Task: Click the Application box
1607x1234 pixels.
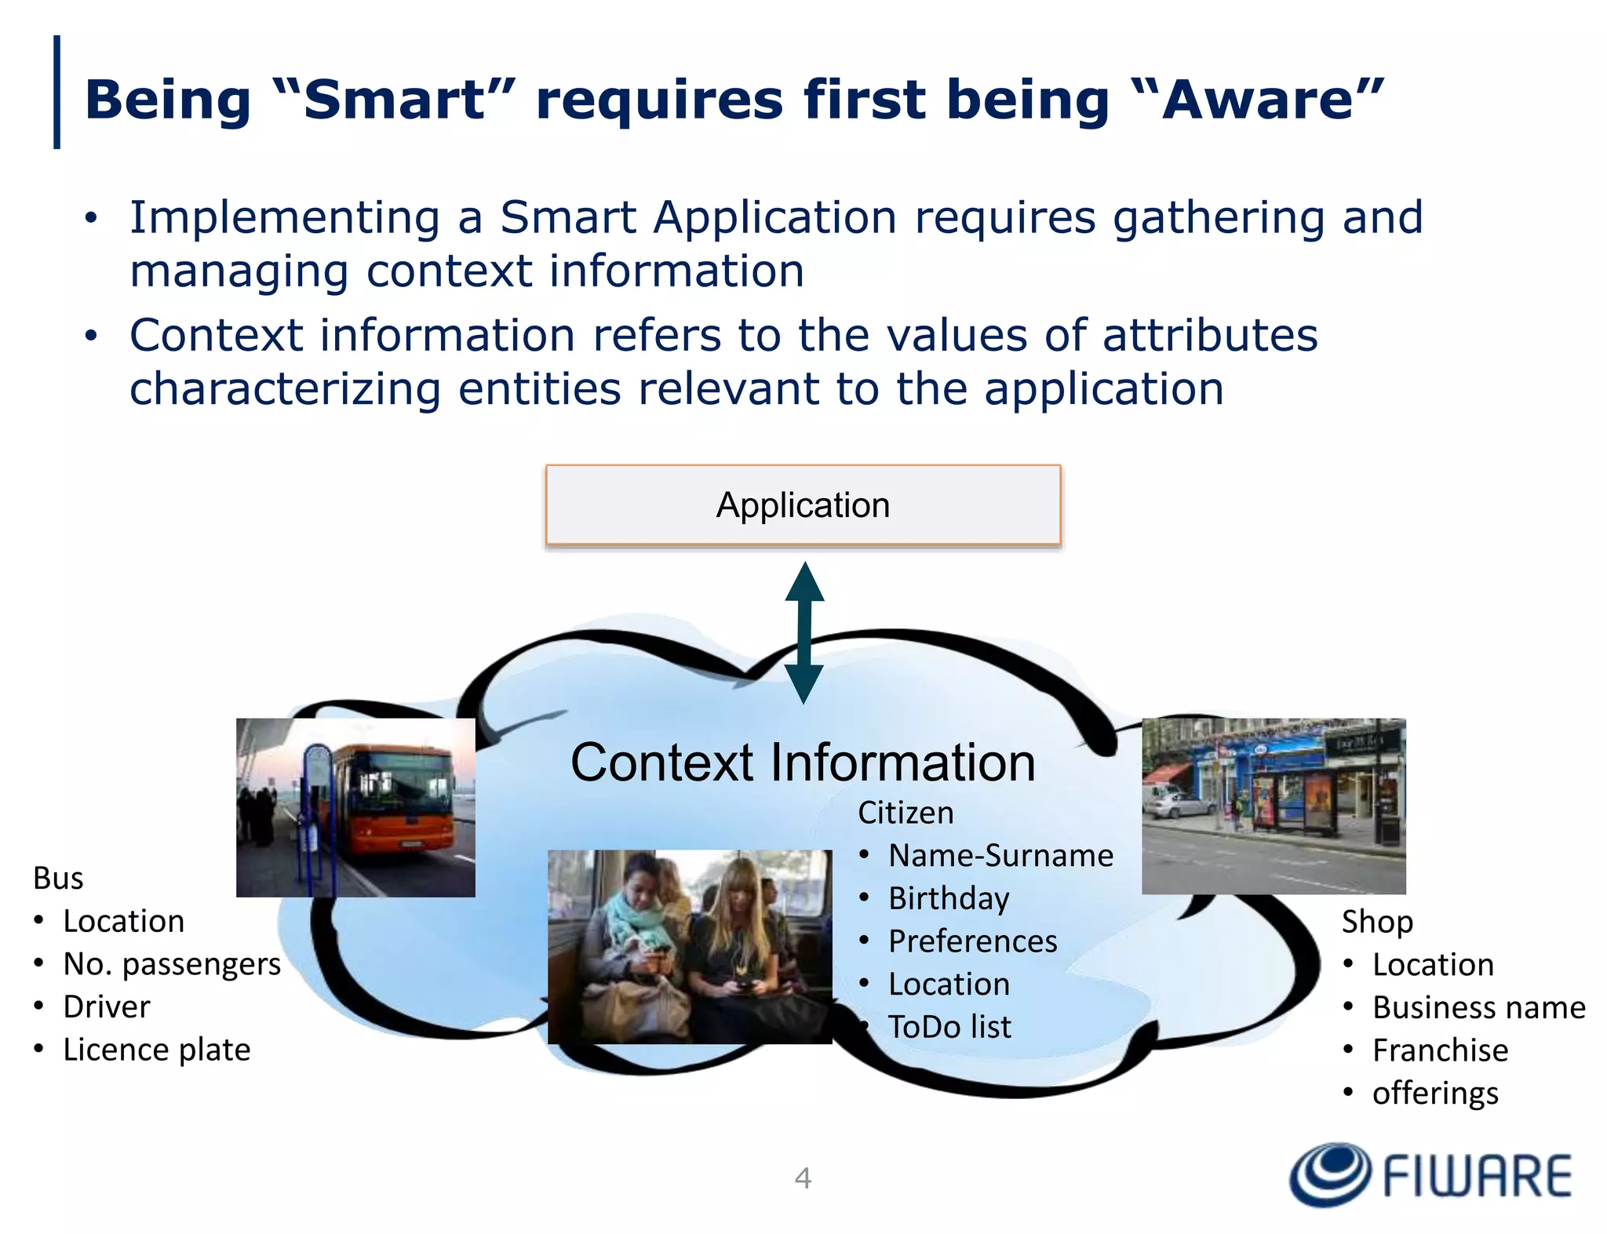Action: point(803,504)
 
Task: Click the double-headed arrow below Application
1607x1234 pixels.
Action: point(804,632)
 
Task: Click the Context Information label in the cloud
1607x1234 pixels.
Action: point(803,762)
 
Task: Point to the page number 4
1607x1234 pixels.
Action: point(802,1178)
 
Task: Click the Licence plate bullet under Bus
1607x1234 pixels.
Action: point(156,1050)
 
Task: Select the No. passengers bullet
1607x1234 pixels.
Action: point(171,963)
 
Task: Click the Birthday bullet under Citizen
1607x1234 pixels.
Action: point(948,898)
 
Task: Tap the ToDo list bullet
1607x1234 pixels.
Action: point(949,1027)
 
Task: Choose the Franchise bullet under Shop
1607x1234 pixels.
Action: point(1439,1050)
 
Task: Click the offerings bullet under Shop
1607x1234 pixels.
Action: point(1434,1093)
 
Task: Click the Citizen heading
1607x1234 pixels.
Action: point(906,813)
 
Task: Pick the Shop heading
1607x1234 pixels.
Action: point(1377,921)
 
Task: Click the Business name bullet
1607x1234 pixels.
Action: point(1478,1007)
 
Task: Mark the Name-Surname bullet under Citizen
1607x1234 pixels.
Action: point(1000,855)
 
